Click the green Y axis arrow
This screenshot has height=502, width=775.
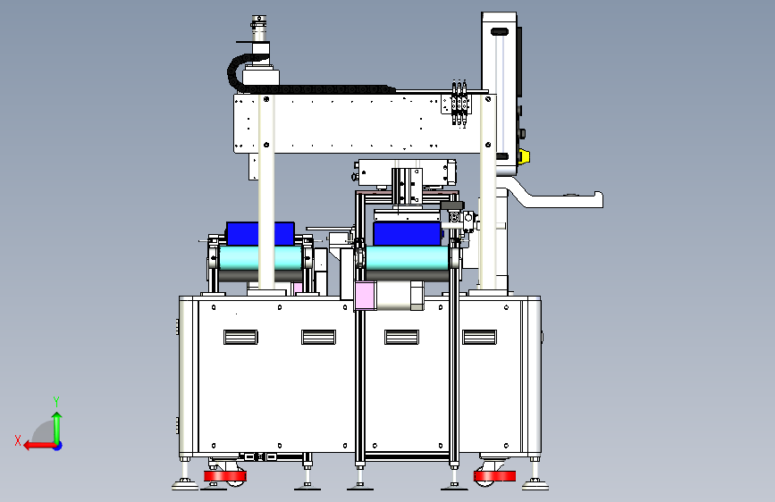click(57, 429)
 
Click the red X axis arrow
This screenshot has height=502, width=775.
click(40, 446)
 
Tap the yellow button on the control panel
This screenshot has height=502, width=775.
click(524, 156)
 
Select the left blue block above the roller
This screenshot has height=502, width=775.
click(260, 234)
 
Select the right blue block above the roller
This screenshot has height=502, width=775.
click(408, 234)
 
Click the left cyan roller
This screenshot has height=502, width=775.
click(260, 258)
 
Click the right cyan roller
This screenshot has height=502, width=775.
click(408, 258)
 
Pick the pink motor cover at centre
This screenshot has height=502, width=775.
click(366, 296)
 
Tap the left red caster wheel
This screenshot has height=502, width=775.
click(225, 476)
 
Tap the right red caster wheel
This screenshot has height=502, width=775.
click(494, 476)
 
